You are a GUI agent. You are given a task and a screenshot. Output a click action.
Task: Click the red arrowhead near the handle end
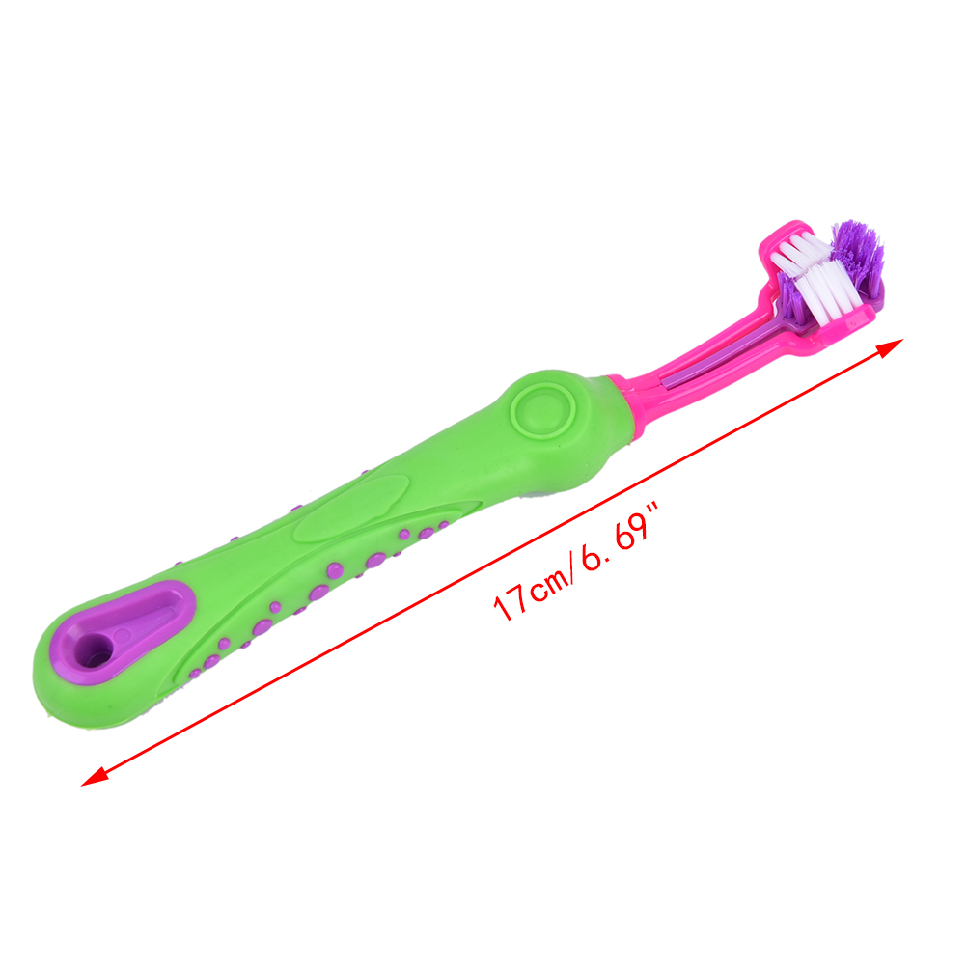click(x=95, y=776)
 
